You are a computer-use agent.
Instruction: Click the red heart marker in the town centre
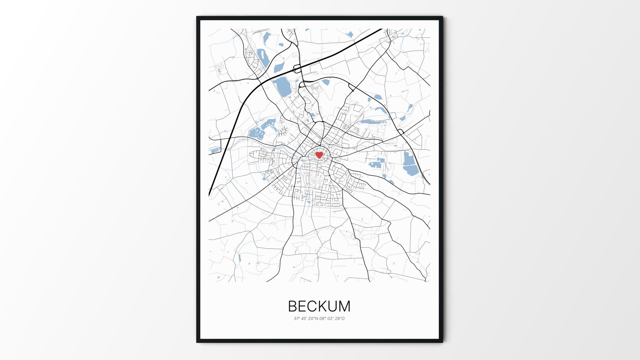tap(319, 155)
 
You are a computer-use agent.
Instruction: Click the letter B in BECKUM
tap(293, 306)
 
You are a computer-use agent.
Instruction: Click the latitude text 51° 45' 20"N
tap(306, 319)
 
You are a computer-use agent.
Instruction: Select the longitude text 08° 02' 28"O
tap(332, 319)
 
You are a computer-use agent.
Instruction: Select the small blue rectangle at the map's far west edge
tap(215, 151)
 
